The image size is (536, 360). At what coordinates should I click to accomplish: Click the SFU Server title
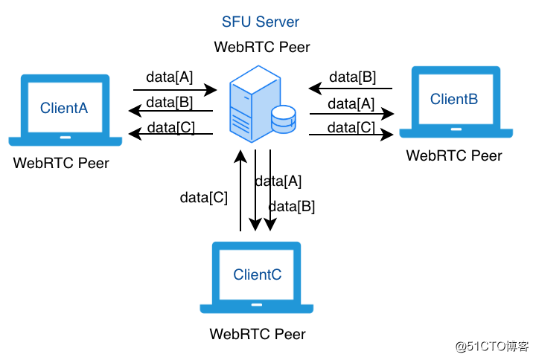(261, 22)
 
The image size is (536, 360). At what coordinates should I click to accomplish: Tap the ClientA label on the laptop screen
(64, 108)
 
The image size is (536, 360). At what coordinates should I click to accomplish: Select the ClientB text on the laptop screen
(454, 99)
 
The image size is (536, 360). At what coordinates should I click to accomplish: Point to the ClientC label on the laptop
(258, 274)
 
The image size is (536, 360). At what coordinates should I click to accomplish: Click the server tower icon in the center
(255, 103)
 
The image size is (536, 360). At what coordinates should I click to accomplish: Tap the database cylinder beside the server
(284, 119)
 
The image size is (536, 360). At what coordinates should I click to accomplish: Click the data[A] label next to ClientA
(170, 77)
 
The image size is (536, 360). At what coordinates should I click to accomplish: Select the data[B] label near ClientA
(170, 103)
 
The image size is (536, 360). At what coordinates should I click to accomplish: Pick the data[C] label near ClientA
(171, 128)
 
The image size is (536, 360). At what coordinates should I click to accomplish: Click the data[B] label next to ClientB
(353, 77)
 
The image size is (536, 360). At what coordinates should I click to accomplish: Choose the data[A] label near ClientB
(351, 104)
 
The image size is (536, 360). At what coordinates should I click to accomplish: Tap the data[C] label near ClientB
(351, 128)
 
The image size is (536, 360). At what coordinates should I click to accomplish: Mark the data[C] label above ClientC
(204, 197)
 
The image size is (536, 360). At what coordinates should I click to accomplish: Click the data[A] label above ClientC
(278, 181)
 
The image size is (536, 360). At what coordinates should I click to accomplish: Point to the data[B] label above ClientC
(292, 206)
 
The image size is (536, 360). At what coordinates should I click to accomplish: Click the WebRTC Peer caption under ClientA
(61, 163)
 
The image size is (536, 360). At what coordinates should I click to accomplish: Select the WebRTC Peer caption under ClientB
(454, 155)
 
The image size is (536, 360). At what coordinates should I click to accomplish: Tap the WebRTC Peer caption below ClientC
(258, 334)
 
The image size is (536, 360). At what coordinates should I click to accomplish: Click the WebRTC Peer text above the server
(262, 47)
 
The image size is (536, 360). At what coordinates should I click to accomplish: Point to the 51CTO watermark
(492, 347)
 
